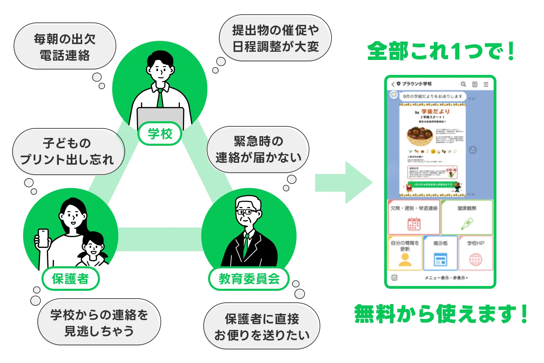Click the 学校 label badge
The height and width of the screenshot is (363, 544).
click(x=160, y=133)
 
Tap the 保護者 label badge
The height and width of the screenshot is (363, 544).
click(x=70, y=279)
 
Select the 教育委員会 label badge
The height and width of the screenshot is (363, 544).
click(x=249, y=279)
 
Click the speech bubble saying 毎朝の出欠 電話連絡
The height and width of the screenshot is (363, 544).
click(x=65, y=47)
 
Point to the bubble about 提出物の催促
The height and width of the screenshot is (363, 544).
click(x=275, y=38)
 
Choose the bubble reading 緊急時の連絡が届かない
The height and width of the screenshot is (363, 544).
click(x=258, y=149)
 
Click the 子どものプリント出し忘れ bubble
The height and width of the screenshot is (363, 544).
click(x=68, y=152)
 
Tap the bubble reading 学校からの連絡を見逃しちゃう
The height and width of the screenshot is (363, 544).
click(x=99, y=322)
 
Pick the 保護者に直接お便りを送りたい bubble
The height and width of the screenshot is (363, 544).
click(x=262, y=327)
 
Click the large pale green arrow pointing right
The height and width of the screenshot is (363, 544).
click(x=343, y=183)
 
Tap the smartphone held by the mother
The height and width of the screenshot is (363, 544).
click(x=43, y=238)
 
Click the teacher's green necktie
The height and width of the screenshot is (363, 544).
click(x=160, y=98)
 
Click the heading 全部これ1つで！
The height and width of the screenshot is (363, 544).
click(x=441, y=51)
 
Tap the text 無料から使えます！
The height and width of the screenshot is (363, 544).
click(x=441, y=313)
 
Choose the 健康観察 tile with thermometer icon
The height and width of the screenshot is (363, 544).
click(x=466, y=217)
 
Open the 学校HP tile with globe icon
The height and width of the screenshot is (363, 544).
click(x=475, y=253)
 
